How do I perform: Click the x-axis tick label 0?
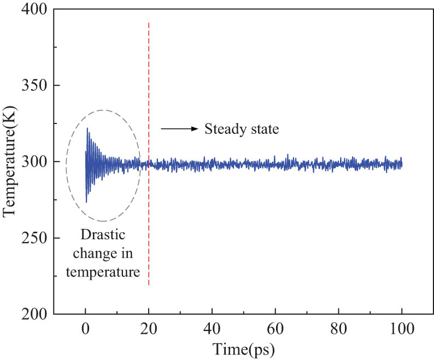85,330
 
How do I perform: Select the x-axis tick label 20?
149,330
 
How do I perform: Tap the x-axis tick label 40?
212,330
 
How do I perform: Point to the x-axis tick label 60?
275,330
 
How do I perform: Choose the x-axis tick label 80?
339,330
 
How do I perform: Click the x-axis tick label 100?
402,330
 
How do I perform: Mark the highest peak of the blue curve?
87,128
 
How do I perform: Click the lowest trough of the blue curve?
86,202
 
